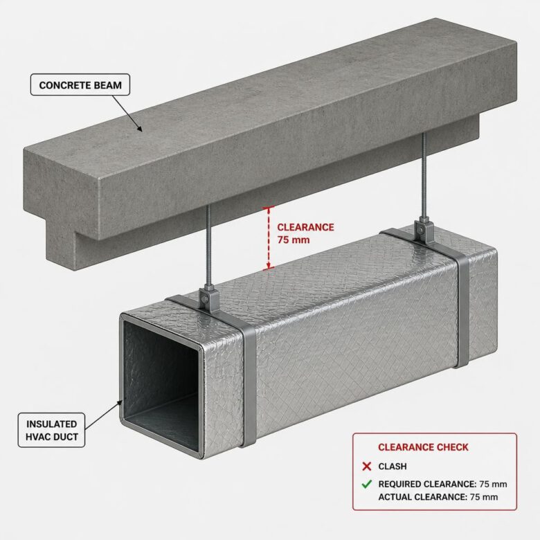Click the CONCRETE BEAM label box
point(80,84)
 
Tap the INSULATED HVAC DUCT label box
point(51,430)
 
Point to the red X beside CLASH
point(367,467)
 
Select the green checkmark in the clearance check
point(367,484)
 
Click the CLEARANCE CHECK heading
point(423,447)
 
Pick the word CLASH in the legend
point(393,467)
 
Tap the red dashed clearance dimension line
point(269,238)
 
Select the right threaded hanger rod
point(423,175)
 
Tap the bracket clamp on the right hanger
point(422,228)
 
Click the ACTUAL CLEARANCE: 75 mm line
point(438,497)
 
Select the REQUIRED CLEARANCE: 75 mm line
point(442,484)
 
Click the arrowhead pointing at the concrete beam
point(139,129)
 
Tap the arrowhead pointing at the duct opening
point(120,404)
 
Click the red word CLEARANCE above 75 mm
point(305,227)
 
